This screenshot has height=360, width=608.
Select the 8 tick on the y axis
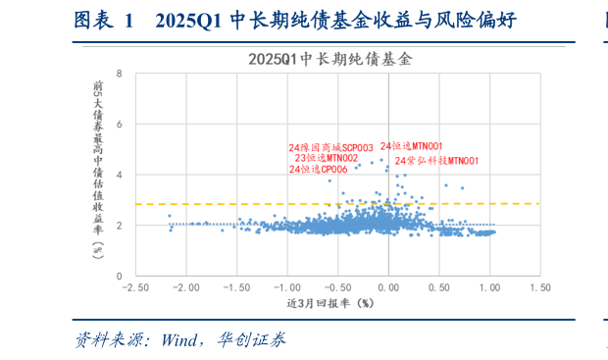[119, 74]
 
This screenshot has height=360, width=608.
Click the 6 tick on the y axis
[119, 125]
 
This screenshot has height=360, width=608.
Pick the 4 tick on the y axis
[119, 175]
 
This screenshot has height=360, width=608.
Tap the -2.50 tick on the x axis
[135, 288]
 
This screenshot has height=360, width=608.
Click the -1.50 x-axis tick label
[236, 288]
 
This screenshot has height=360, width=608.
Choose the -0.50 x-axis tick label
[337, 288]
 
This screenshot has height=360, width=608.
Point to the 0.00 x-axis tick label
[389, 288]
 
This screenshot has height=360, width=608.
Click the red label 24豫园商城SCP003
[330, 146]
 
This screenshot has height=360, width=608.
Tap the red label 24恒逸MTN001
[411, 145]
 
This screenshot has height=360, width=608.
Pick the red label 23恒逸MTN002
[326, 158]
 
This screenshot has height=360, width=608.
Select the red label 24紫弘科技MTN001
[436, 160]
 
